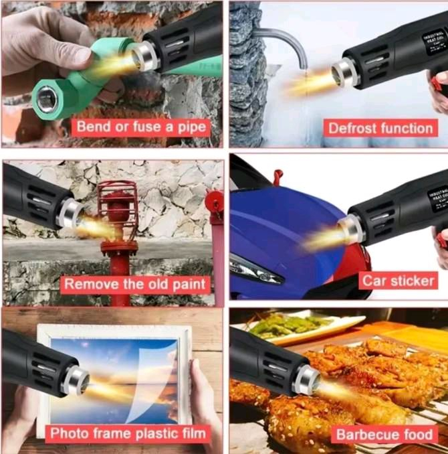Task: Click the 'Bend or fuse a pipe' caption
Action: [141, 127]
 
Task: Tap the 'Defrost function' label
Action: [380, 128]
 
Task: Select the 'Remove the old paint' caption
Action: [135, 284]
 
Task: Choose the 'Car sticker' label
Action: [399, 281]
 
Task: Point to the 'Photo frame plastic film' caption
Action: [128, 433]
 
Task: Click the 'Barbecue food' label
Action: [384, 435]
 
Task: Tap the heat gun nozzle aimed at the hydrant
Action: [71, 214]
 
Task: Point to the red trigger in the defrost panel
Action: [437, 84]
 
